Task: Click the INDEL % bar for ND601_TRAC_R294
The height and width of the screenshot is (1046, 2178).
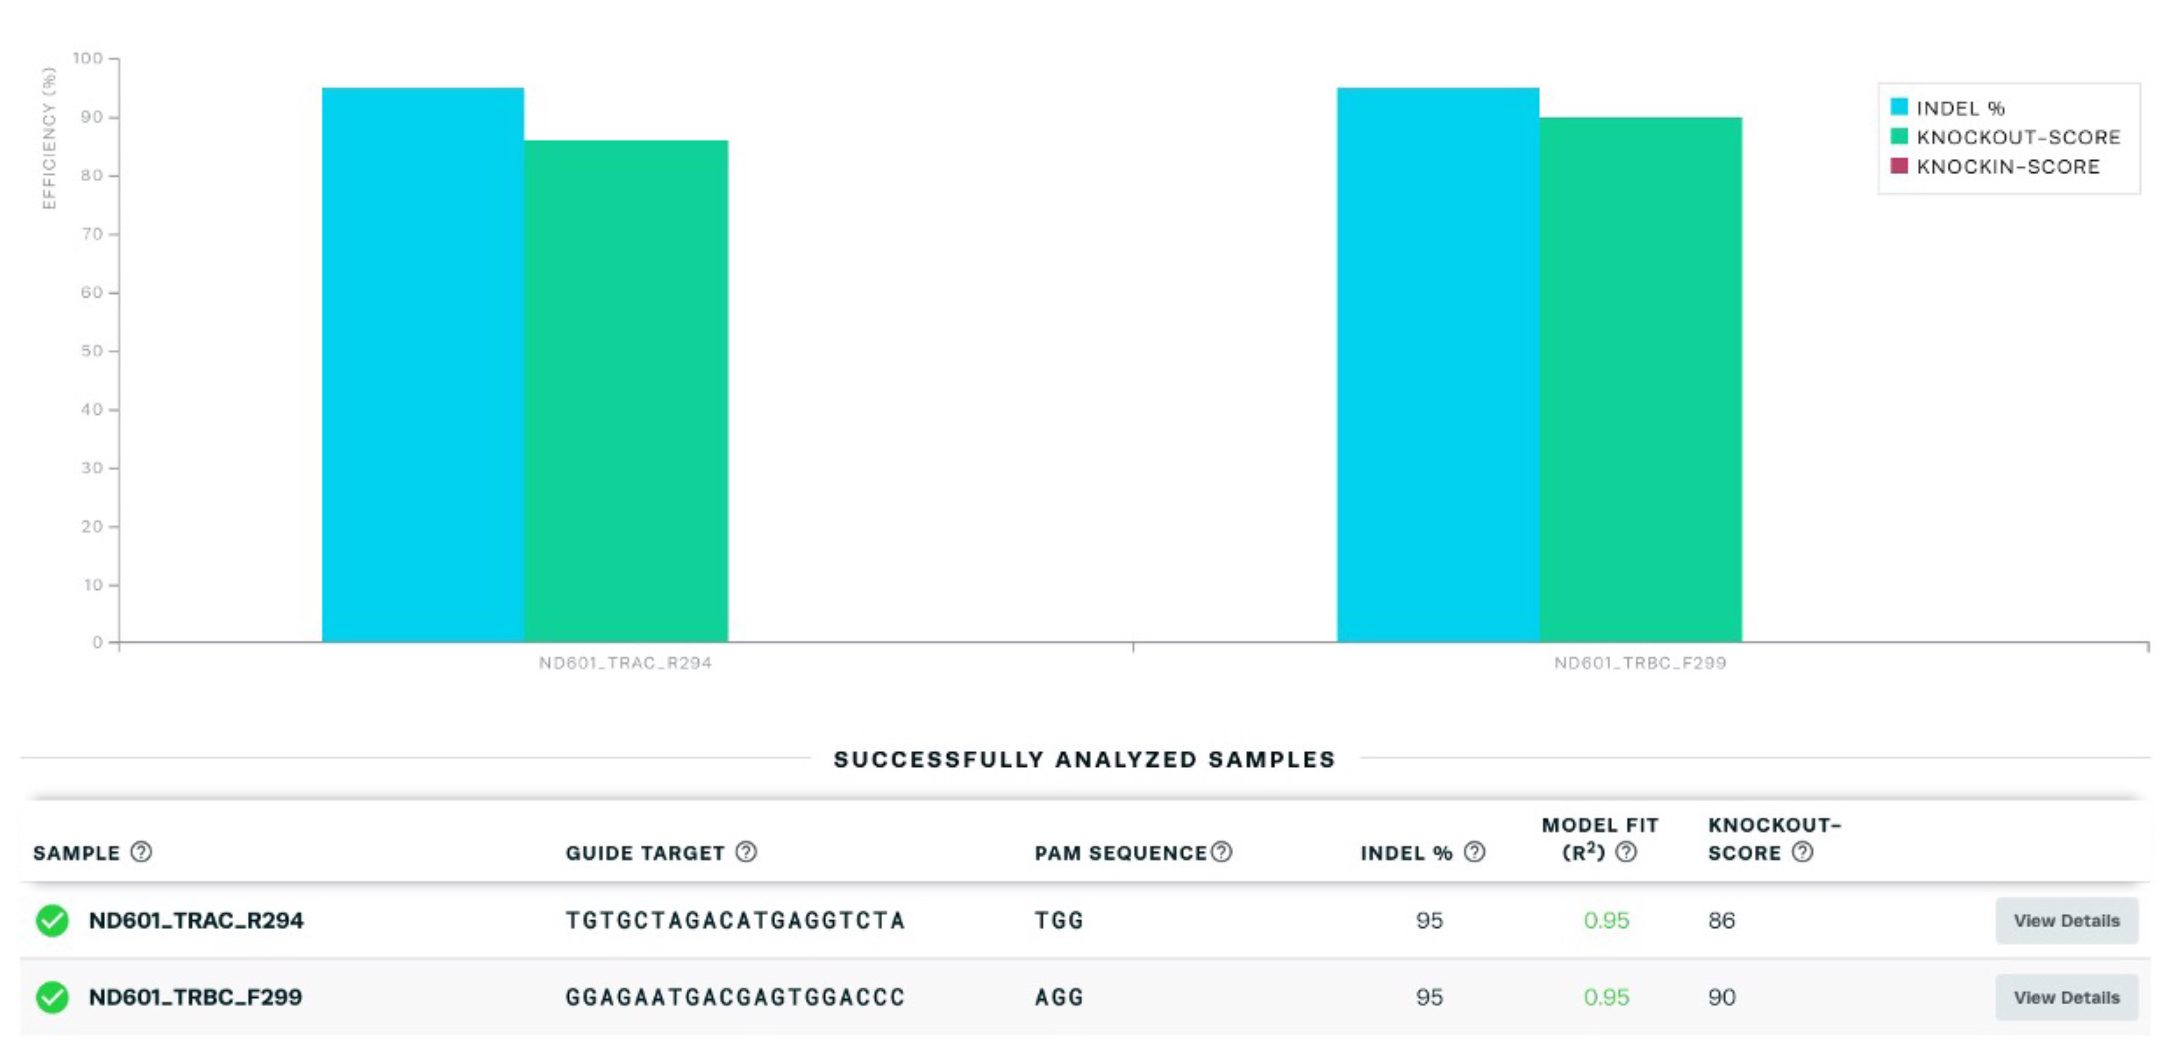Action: point(423,364)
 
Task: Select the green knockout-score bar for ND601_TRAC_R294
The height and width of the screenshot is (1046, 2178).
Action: point(626,391)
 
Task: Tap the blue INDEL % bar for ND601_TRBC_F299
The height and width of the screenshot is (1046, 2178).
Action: point(1437,364)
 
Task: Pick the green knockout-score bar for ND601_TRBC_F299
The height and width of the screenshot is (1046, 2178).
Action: point(1640,380)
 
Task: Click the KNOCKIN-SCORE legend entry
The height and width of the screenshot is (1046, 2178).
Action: point(1995,166)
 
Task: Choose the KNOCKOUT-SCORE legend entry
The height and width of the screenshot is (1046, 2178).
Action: point(2005,137)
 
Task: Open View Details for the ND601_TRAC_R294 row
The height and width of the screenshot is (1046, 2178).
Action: point(2066,921)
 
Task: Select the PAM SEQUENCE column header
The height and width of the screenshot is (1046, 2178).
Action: point(1120,852)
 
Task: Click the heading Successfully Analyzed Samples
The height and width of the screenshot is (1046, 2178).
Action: point(1084,759)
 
